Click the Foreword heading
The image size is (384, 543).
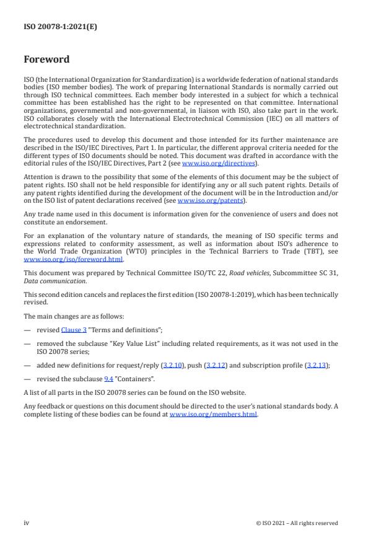click(46, 60)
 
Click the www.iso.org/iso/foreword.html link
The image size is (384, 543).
click(74, 260)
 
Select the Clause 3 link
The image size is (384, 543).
click(74, 330)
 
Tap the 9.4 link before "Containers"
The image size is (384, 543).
click(108, 378)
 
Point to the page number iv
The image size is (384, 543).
click(27, 523)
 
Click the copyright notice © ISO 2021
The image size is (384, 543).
click(297, 523)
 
